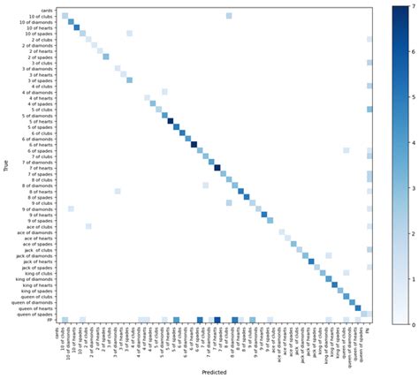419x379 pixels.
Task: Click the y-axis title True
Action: [x=8, y=165]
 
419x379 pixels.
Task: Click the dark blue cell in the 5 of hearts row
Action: [x=171, y=123]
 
